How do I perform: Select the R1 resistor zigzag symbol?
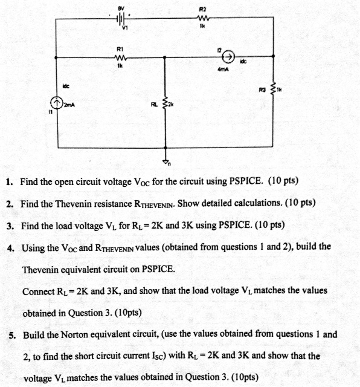[x=120, y=58]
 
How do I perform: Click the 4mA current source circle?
[x=228, y=58]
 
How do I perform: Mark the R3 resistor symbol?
[x=274, y=90]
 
